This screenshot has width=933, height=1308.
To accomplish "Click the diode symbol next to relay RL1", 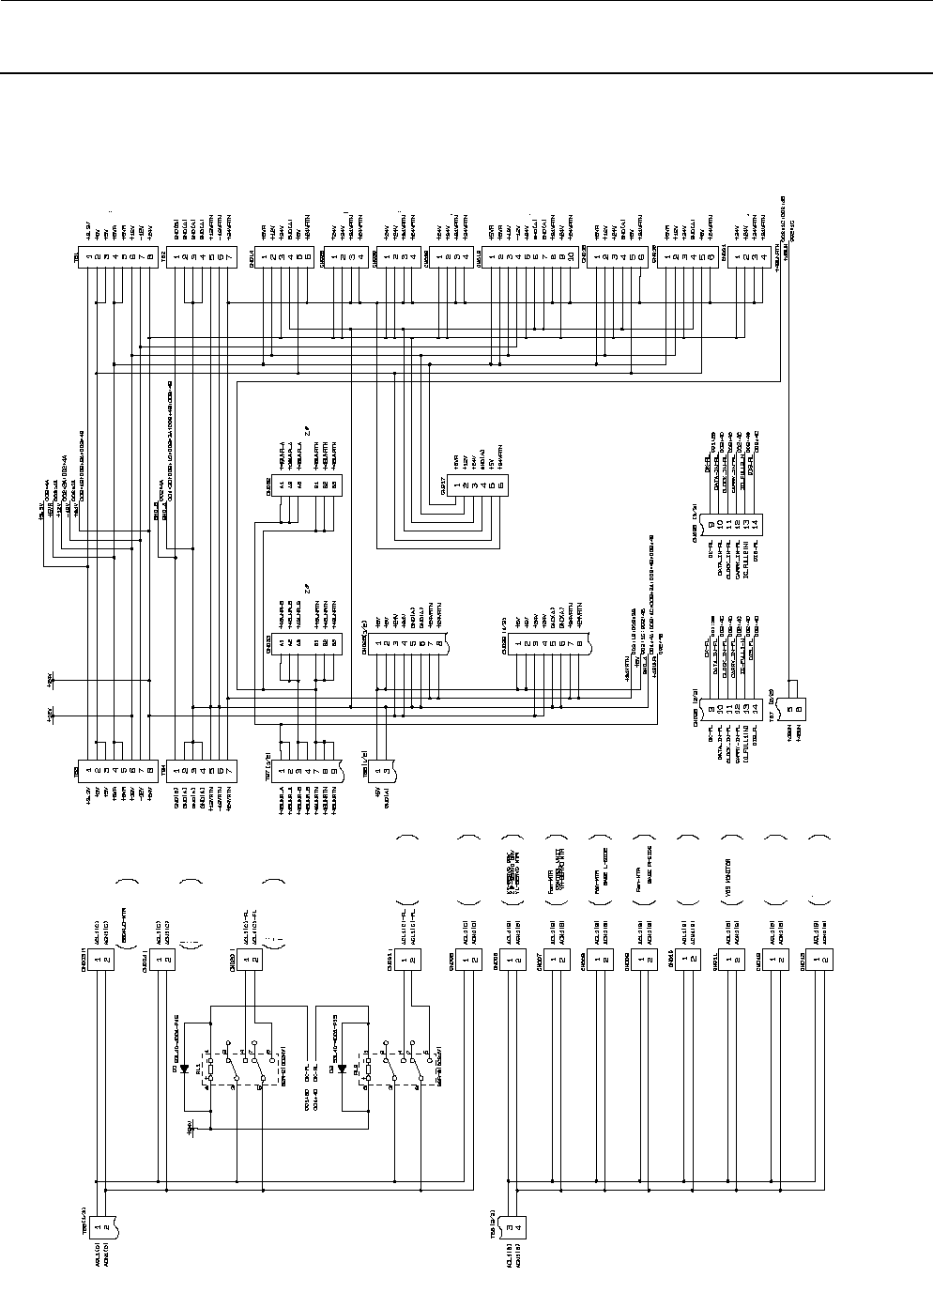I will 183,1069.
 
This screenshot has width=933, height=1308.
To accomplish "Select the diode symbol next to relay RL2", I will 342,1069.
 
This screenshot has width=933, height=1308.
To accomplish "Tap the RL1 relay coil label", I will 199,1054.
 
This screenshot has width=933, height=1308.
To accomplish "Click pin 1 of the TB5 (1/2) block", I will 97,1225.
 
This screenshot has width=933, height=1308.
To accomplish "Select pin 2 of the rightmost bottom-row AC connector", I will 824,960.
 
